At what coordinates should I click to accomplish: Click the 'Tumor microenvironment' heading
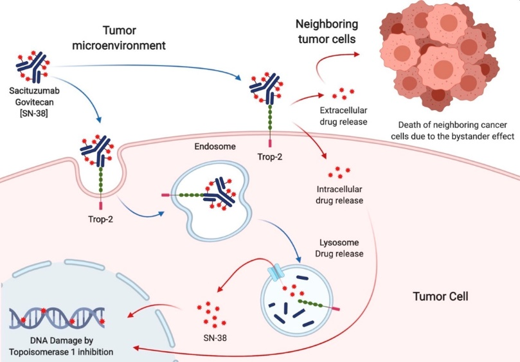point(138,38)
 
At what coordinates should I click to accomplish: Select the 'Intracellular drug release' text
point(340,195)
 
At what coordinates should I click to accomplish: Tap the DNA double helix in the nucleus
point(62,316)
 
